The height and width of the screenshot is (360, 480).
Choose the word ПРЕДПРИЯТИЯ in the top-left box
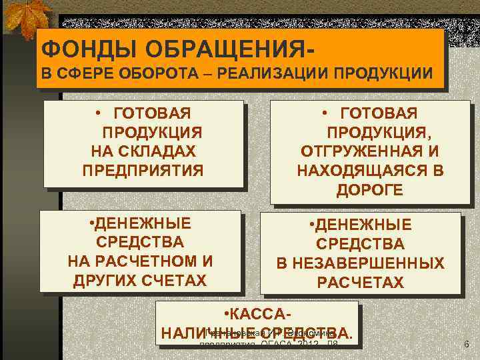(143, 170)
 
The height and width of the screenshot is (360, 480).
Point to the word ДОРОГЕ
(369, 189)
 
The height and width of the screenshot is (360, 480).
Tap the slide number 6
(467, 344)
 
